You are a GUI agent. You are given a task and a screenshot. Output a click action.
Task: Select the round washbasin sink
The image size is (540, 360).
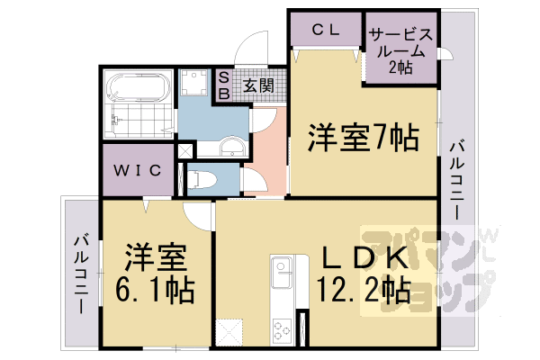click(230, 148)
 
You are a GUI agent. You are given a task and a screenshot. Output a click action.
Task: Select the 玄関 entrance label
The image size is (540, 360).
click(259, 86)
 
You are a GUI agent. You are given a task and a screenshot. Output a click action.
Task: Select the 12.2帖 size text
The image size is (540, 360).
click(363, 290)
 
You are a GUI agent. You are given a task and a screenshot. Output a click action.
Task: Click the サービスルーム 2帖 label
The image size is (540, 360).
click(401, 50)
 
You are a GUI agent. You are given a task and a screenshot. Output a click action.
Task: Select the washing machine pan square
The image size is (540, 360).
click(192, 84)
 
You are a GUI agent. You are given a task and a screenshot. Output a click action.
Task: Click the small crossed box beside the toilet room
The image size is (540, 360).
click(184, 151)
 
